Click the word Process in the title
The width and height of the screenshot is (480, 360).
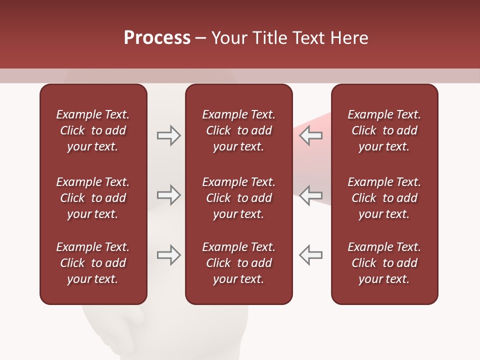(157, 38)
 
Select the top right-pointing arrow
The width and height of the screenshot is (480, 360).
(168, 135)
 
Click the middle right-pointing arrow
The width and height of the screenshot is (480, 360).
(168, 194)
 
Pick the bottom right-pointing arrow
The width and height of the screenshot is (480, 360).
(168, 254)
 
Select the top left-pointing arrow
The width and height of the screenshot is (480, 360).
(310, 135)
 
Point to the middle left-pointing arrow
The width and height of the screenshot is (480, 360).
(310, 194)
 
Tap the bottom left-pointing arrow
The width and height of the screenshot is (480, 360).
(310, 254)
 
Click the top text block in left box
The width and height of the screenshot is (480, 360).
(93, 130)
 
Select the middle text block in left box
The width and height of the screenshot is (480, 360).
(93, 198)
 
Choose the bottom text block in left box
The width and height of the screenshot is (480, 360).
(93, 263)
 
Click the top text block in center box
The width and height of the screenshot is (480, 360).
(239, 130)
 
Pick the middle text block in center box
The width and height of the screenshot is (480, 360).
(239, 198)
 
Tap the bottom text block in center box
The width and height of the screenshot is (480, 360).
(239, 263)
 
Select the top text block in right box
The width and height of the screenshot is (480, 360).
(384, 130)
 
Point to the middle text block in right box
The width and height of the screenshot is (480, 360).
(384, 198)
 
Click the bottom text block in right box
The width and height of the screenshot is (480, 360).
(384, 263)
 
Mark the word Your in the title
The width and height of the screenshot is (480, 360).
(228, 38)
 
